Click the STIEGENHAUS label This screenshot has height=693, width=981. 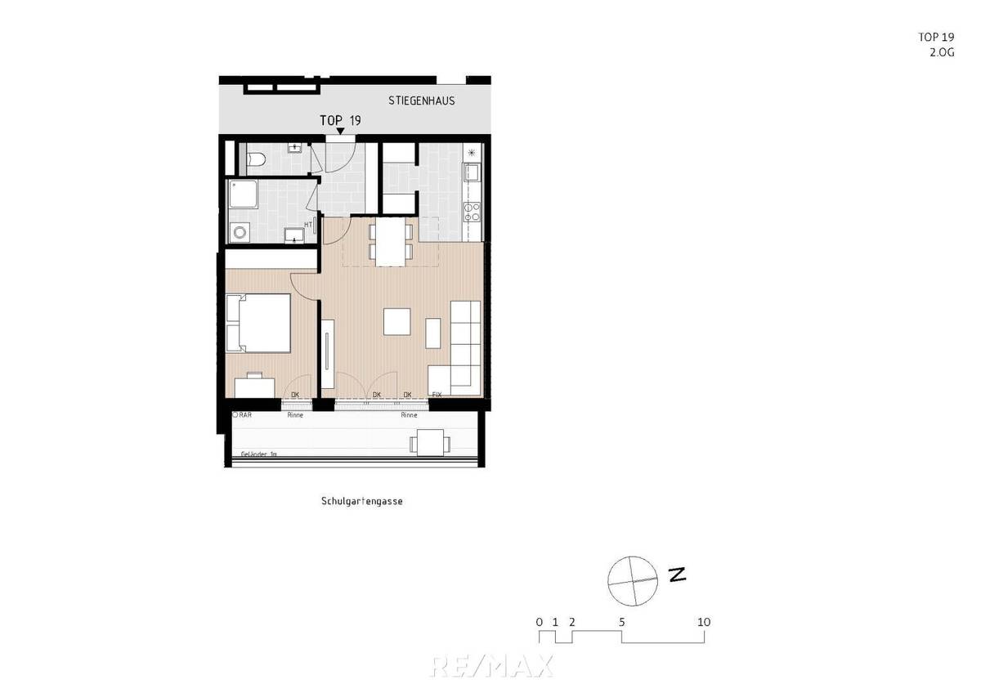point(421,101)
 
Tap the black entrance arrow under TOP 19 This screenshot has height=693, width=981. point(340,131)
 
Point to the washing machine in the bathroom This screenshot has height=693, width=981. point(240,233)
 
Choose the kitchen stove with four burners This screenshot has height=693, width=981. point(473,212)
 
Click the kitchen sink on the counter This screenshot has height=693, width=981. point(472,172)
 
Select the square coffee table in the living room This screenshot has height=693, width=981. point(397,321)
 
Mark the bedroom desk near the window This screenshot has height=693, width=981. point(255,386)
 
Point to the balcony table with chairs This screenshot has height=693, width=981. point(429,442)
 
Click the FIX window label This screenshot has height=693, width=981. point(437,395)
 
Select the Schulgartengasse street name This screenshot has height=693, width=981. point(361,502)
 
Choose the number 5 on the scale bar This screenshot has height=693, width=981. point(622,622)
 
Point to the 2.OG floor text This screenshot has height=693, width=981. point(943,51)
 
